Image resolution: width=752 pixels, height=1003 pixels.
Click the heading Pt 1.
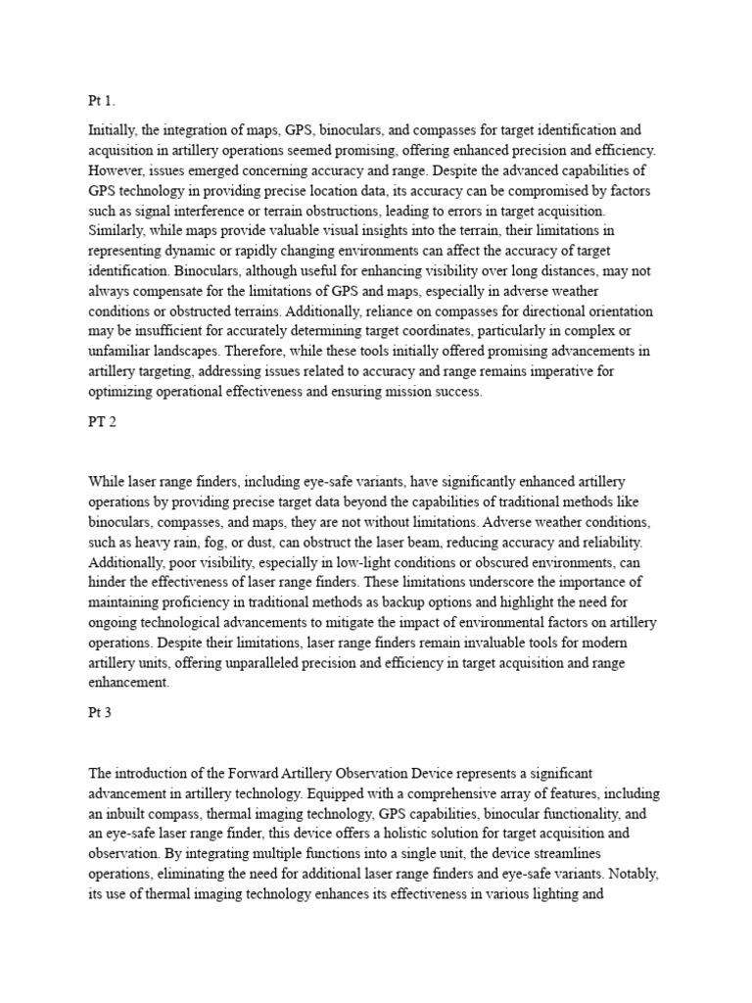pyautogui.click(x=102, y=101)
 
